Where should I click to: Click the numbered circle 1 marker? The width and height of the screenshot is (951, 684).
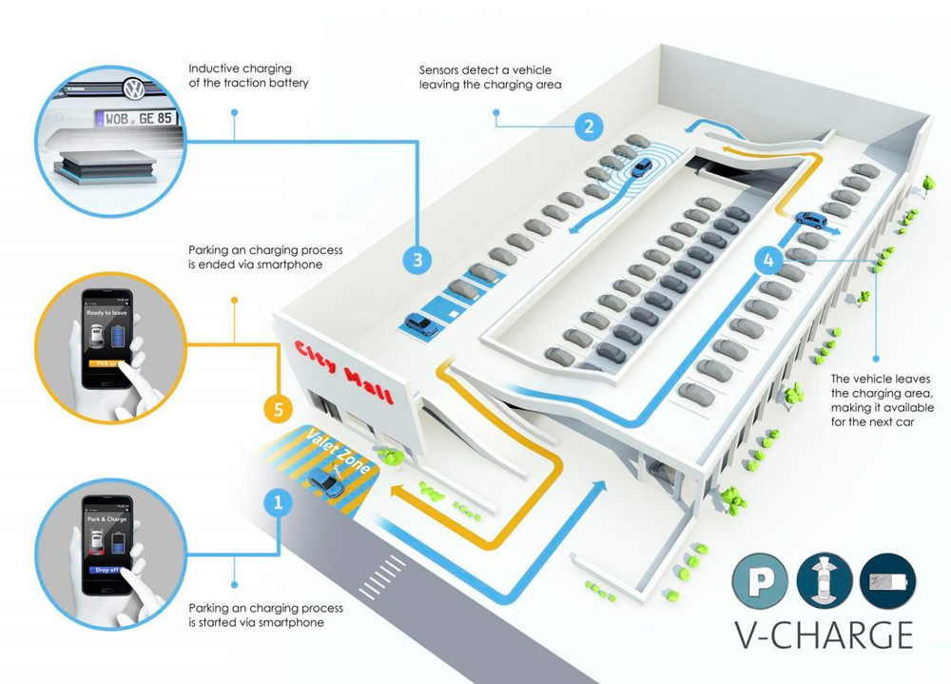coord(277,502)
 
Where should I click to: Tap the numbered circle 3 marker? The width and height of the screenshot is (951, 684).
coord(417,260)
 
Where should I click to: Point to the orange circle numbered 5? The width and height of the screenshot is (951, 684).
coord(277,411)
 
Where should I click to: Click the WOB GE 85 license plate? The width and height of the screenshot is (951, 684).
coord(135,118)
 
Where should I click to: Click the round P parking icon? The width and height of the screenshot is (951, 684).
coord(759,583)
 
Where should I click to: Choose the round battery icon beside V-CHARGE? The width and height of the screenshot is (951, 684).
coord(885,583)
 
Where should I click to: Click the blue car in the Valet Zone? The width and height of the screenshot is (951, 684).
coord(326,482)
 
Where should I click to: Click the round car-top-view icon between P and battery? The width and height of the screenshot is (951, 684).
coord(823,583)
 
